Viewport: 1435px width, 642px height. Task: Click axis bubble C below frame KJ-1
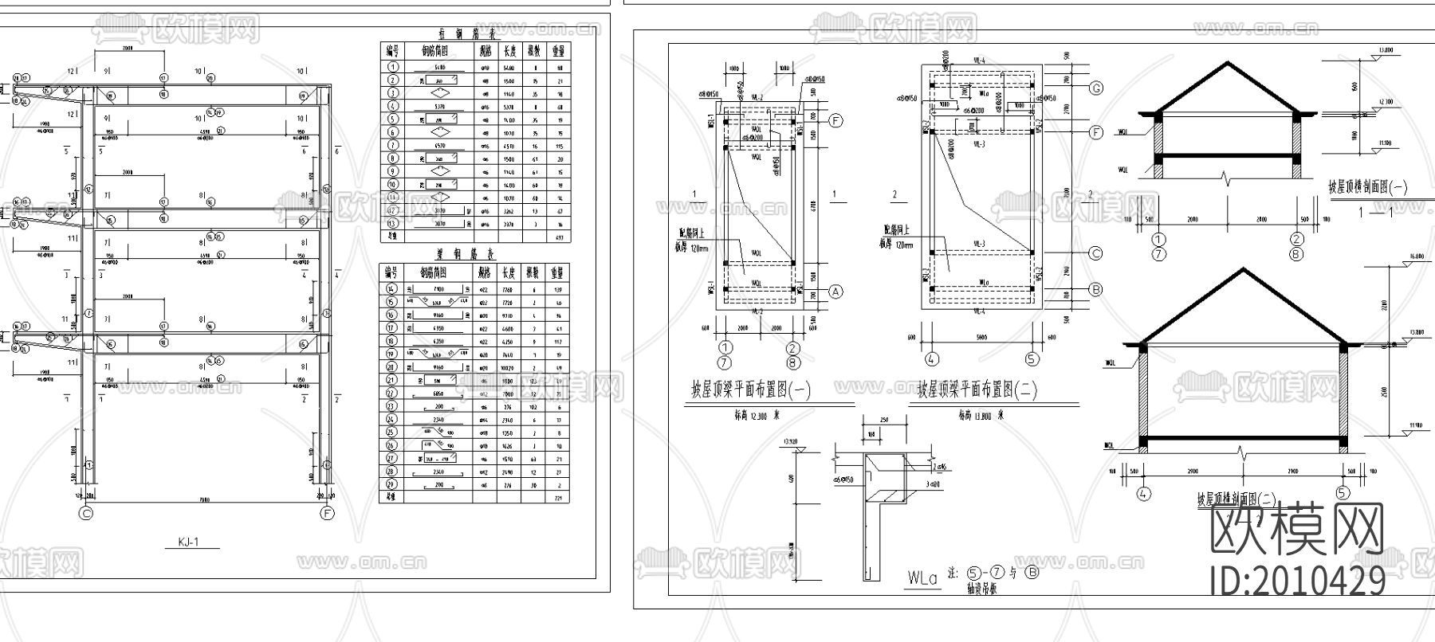pos(86,514)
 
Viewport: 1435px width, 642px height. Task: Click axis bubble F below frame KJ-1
pos(327,514)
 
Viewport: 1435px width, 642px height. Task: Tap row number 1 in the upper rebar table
pos(391,68)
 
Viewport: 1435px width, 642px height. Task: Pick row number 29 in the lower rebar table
pos(391,484)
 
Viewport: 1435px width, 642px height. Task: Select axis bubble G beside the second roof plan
pos(1096,88)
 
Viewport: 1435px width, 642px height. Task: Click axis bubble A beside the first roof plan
pos(835,292)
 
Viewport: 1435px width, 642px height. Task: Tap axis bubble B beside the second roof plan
pos(1096,289)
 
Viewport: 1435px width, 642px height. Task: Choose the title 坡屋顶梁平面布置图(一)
pos(751,390)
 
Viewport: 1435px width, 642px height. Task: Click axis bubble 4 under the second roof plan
pos(930,359)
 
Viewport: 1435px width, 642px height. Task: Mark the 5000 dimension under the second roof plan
pos(981,337)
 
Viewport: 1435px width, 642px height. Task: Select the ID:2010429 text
pos(1298,581)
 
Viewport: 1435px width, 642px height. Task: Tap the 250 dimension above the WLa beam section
pos(883,420)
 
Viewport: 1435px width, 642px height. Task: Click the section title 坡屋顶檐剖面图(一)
pos(1367,188)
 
